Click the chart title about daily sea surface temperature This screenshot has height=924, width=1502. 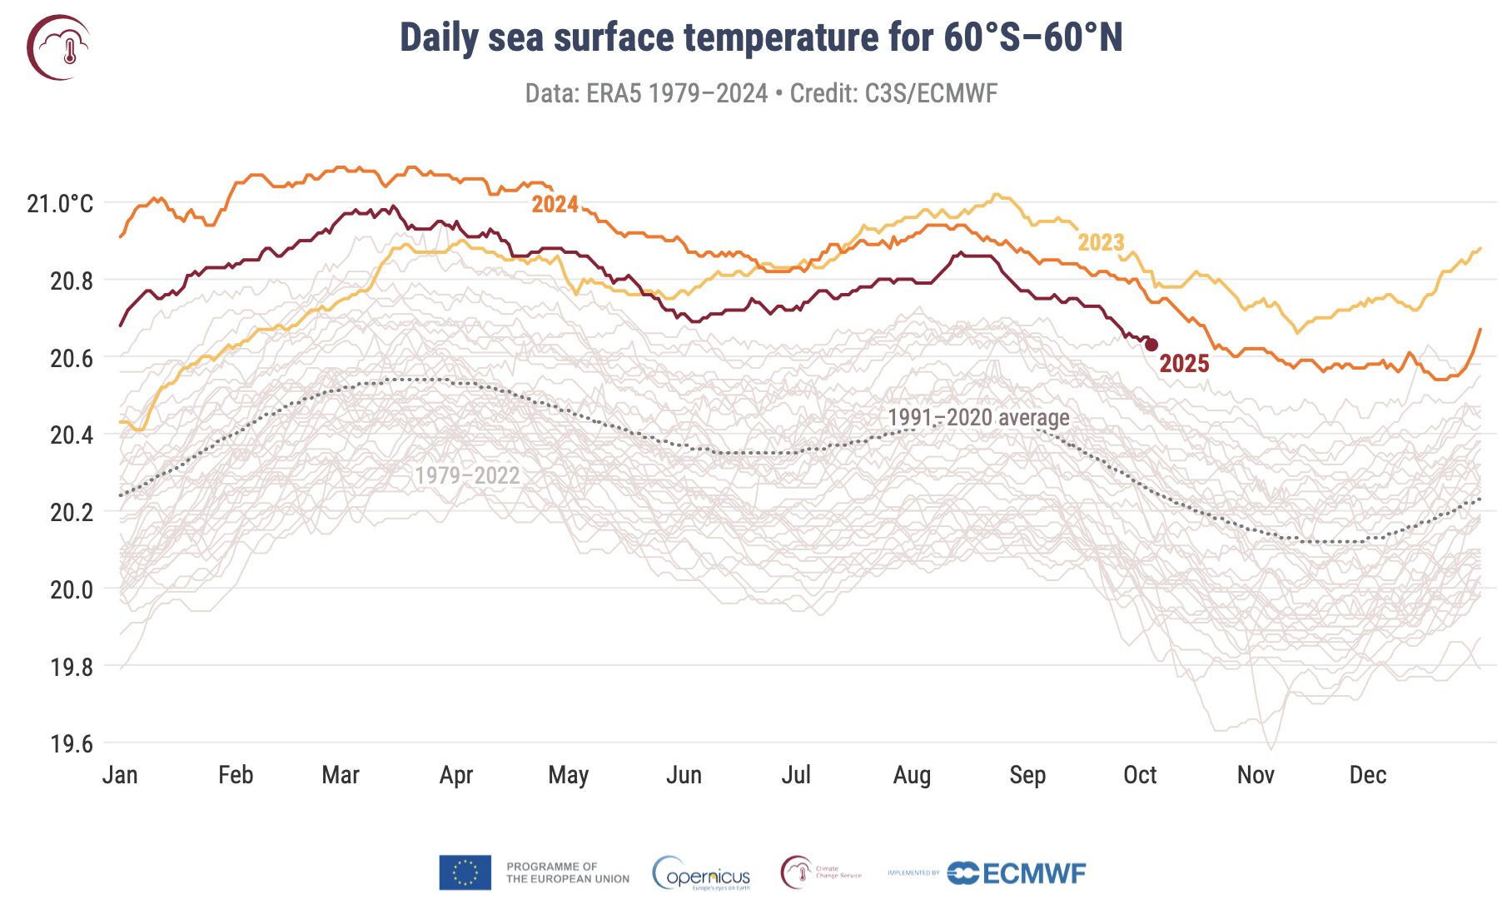761,38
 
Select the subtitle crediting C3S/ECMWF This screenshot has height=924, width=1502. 761,93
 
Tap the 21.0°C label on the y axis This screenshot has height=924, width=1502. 60,204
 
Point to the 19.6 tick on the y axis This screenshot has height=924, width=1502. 72,743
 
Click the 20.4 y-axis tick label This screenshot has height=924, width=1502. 72,435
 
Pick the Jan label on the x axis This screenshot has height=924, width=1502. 120,775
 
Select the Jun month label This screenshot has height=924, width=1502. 684,775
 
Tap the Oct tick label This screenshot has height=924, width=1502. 1140,775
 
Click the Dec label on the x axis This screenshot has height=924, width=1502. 1368,775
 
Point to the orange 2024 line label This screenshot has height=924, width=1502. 555,205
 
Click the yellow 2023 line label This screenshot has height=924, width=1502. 1101,242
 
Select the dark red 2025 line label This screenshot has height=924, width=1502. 1184,364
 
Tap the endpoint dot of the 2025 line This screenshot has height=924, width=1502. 1151,345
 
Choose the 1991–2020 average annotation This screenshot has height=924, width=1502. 978,417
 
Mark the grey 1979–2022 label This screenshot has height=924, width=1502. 467,475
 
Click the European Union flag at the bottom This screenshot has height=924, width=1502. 465,872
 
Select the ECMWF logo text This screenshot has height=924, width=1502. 1034,873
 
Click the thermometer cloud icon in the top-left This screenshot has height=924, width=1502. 58,47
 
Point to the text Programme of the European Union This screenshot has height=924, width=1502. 567,872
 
